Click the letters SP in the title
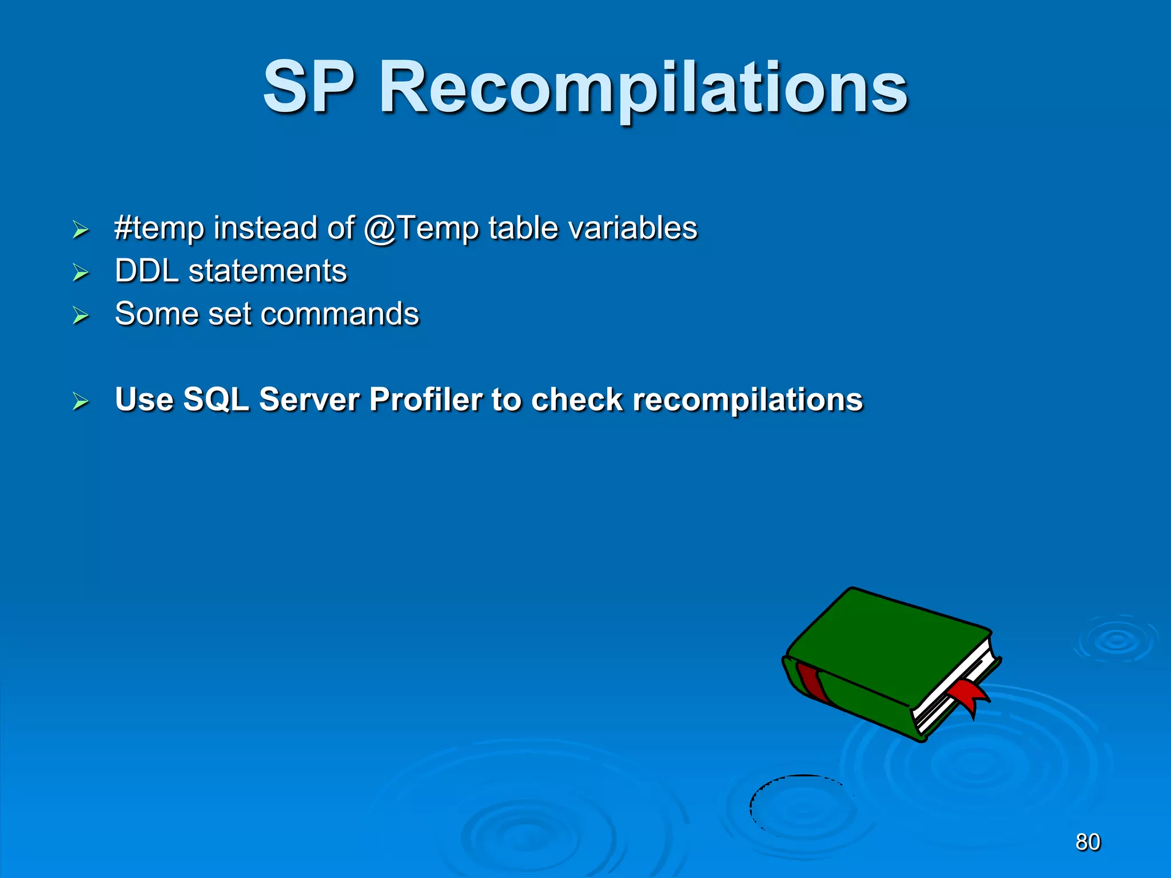pyautogui.click(x=309, y=89)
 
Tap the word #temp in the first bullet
pyautogui.click(x=159, y=229)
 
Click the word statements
pyautogui.click(x=268, y=271)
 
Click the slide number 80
pyautogui.click(x=1088, y=842)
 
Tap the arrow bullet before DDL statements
pyautogui.click(x=81, y=273)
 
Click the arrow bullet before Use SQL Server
pyautogui.click(x=81, y=401)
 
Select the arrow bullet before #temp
pyautogui.click(x=81, y=230)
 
